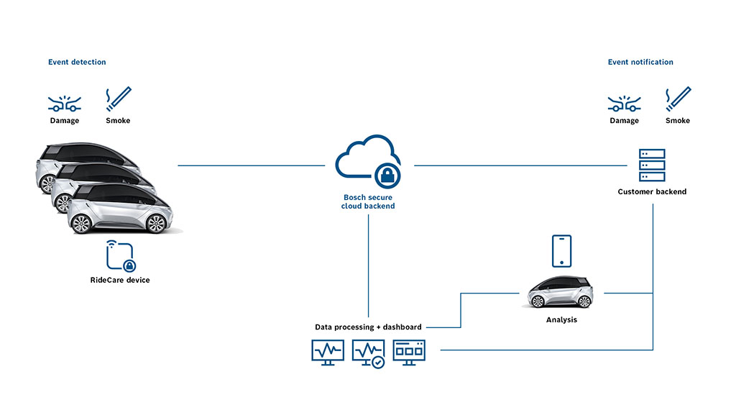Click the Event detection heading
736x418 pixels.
click(x=77, y=63)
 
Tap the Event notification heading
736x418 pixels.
click(x=640, y=63)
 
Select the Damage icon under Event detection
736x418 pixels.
click(x=65, y=102)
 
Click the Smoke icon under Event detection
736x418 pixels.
click(x=119, y=99)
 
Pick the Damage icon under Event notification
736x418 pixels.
click(x=624, y=102)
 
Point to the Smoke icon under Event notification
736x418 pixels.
click(x=678, y=99)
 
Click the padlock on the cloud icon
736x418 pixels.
click(x=387, y=175)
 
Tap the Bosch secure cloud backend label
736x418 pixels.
click(x=368, y=201)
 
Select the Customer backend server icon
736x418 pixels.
click(x=652, y=165)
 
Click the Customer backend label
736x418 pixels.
click(x=652, y=192)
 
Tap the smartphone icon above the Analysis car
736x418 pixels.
click(x=561, y=251)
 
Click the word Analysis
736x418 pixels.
click(x=561, y=319)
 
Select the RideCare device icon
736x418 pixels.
click(x=121, y=256)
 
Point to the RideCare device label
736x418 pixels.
click(x=121, y=280)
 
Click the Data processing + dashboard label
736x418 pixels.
click(x=368, y=327)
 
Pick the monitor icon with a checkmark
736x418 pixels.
click(x=369, y=353)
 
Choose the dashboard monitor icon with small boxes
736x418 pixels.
click(x=409, y=352)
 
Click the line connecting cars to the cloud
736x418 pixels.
click(x=252, y=165)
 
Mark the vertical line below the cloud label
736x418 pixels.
click(x=368, y=266)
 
